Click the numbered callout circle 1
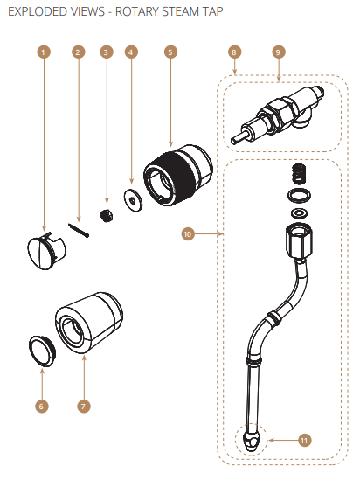tap(44, 52)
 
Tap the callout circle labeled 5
tap(170, 52)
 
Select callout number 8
tap(234, 52)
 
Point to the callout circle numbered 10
tap(187, 233)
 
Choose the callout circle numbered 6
tap(44, 406)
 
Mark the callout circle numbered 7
tap(83, 406)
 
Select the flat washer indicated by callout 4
tap(132, 200)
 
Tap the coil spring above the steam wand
tap(299, 174)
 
